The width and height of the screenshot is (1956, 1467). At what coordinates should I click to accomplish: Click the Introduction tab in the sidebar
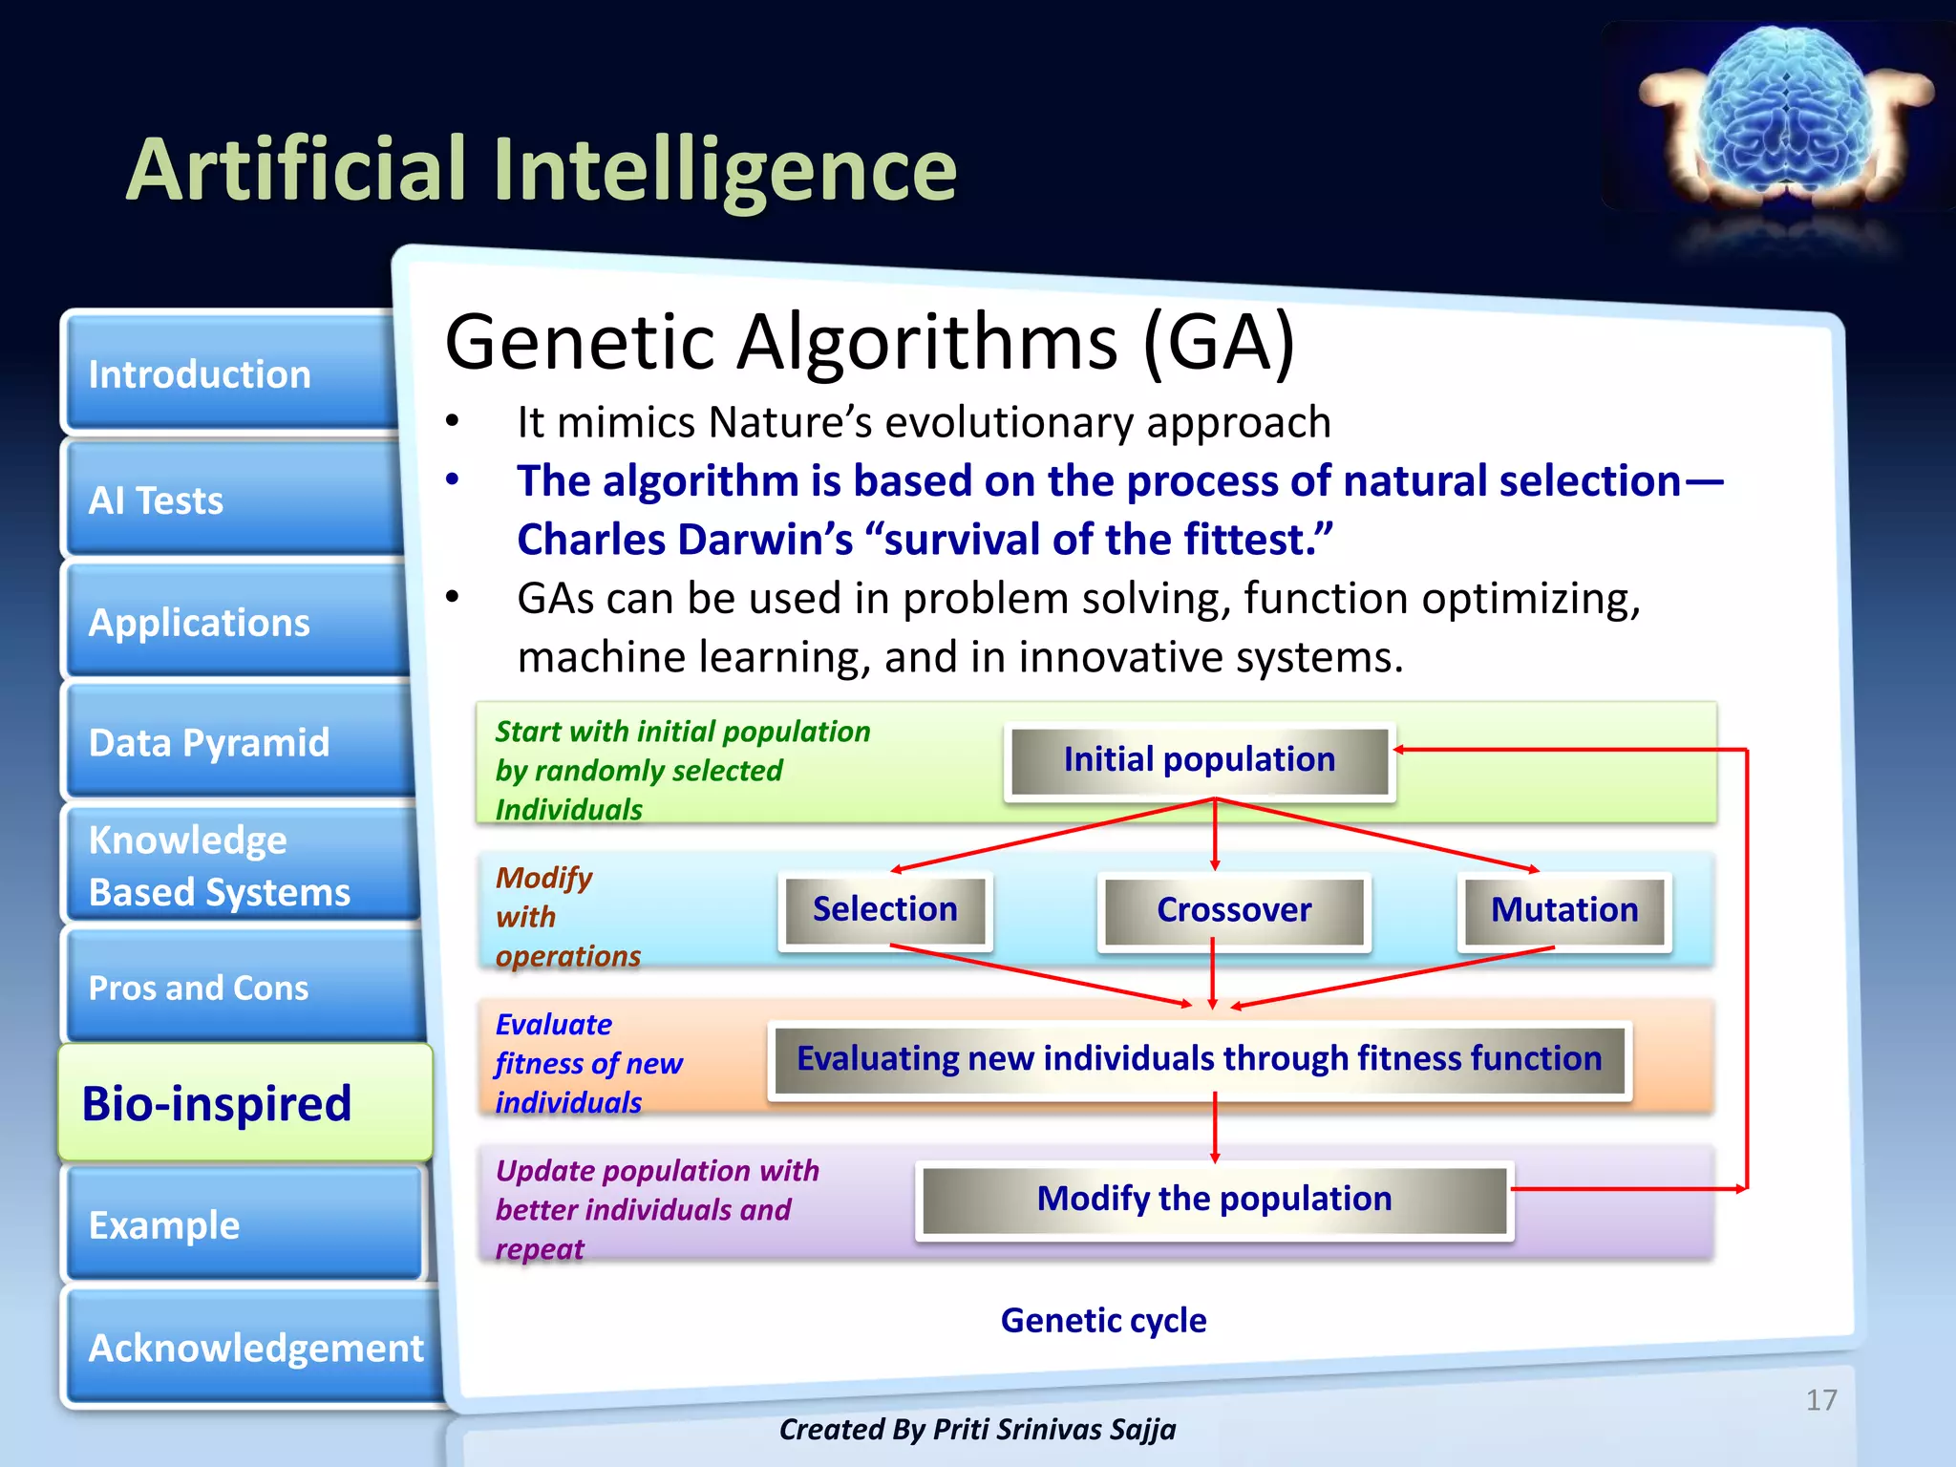click(229, 374)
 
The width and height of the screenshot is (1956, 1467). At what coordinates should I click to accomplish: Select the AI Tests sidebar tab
click(229, 500)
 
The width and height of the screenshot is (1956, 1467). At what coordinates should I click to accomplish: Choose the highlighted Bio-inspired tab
click(244, 1103)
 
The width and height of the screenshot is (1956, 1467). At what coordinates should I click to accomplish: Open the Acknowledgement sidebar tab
click(254, 1348)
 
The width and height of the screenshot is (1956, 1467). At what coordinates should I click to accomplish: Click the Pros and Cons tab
click(239, 987)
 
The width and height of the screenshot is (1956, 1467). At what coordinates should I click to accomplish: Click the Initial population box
click(1200, 760)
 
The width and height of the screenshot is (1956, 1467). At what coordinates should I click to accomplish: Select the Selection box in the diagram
click(884, 909)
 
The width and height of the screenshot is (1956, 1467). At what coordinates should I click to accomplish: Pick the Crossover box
click(1233, 910)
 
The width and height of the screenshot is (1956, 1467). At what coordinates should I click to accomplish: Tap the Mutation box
click(1563, 910)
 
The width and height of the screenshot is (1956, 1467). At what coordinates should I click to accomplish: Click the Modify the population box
click(1214, 1199)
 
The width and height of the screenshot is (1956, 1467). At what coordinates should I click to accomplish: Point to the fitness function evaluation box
click(1199, 1059)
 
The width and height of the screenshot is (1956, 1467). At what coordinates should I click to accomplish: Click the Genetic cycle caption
click(1103, 1320)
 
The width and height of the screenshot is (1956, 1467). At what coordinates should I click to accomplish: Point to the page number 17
click(1820, 1400)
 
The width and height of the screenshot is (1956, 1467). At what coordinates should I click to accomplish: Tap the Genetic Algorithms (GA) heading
click(869, 342)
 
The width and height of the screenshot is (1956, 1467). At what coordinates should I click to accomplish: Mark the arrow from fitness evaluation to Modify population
click(1215, 1127)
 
